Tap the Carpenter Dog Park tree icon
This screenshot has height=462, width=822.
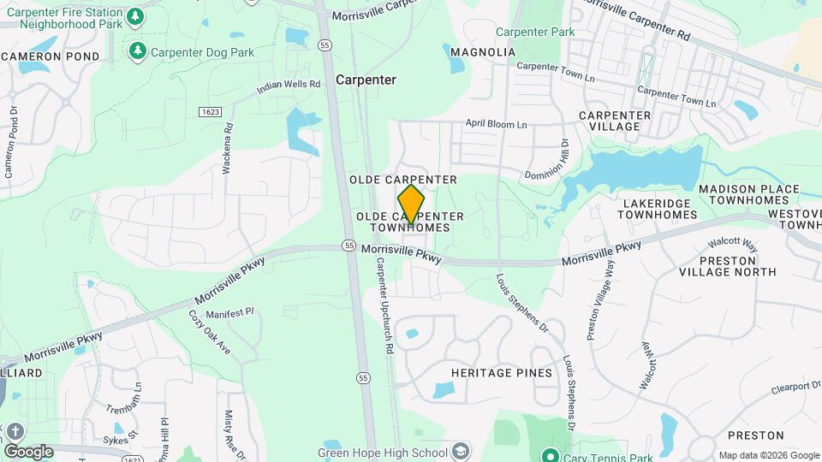pos(137,52)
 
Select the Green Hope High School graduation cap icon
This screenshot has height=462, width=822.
pos(462,452)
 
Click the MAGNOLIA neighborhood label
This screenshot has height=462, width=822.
pos(483,52)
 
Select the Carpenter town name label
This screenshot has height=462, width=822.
pos(366,80)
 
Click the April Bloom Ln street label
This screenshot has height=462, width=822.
pos(497,124)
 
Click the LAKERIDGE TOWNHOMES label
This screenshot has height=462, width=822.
pos(658,209)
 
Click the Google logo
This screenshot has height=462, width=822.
pos(28,451)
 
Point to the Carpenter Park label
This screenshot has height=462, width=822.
pos(535,32)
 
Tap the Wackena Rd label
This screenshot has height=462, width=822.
pos(228,149)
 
